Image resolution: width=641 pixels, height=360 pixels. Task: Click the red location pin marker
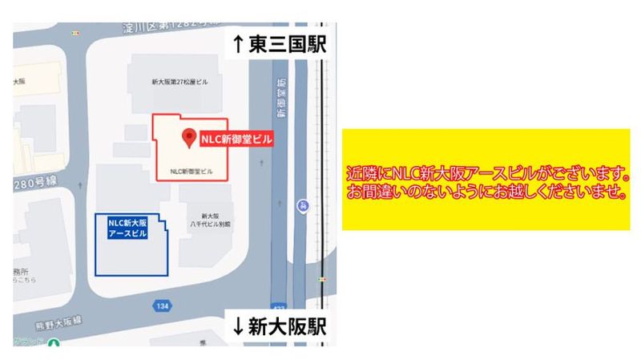pyautogui.click(x=189, y=138)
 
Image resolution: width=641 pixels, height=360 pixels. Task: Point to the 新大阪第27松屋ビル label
pyautogui.click(x=180, y=82)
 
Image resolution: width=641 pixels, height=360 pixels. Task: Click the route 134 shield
pyautogui.click(x=163, y=305)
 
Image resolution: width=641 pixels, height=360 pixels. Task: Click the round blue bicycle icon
pyautogui.click(x=302, y=204)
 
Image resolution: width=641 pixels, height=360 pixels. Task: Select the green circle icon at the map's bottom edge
pyautogui.click(x=54, y=345)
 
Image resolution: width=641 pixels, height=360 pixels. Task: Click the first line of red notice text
pyautogui.click(x=486, y=173)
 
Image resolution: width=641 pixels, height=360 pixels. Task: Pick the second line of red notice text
pyautogui.click(x=486, y=193)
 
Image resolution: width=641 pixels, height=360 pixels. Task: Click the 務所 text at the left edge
pyautogui.click(x=21, y=272)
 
